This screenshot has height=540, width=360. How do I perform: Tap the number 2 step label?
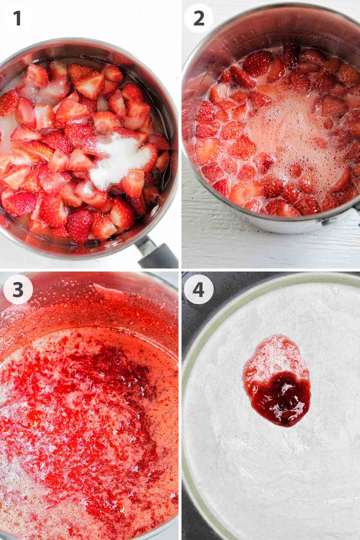199,18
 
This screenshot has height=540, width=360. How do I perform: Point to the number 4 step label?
199,289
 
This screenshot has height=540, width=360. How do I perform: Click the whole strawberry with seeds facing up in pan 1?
79,225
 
